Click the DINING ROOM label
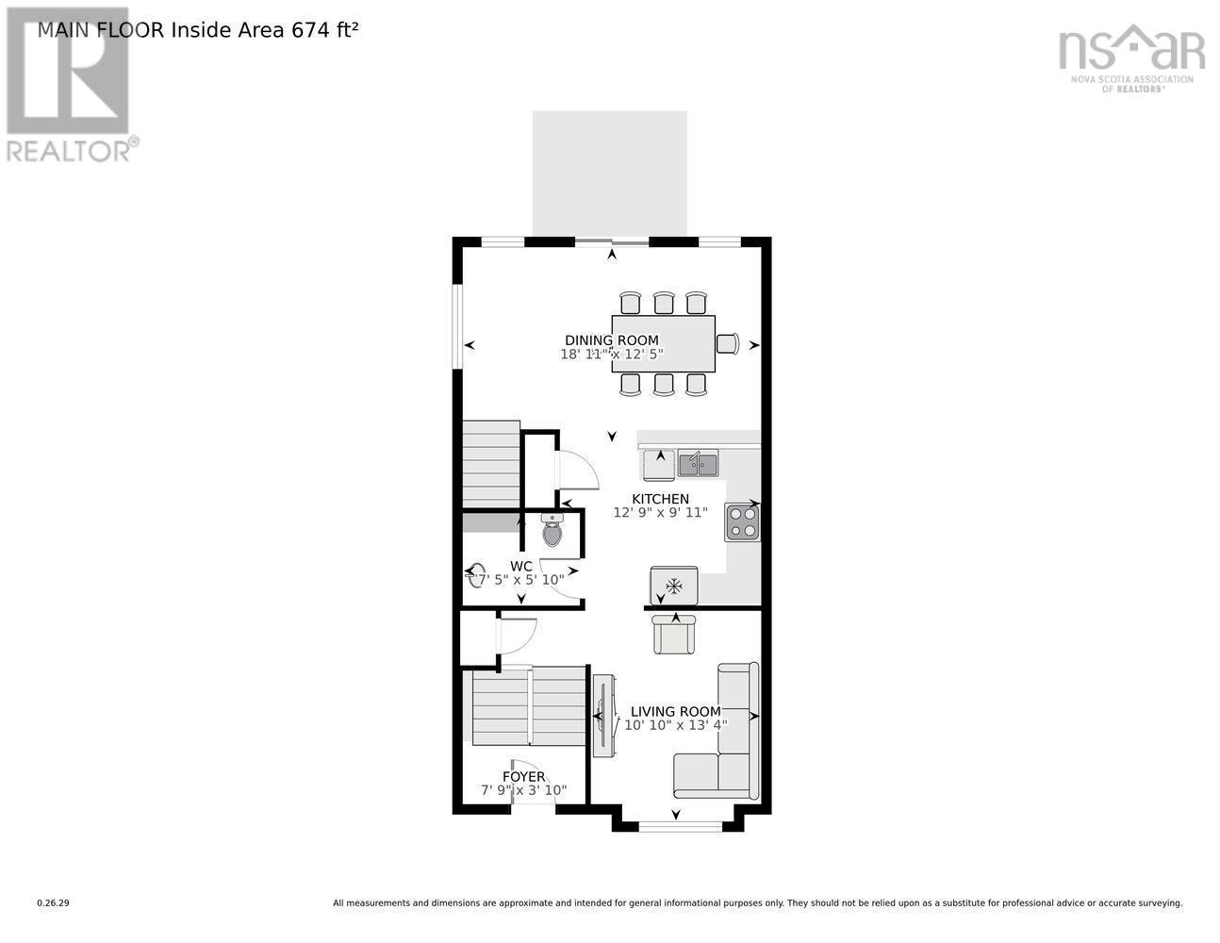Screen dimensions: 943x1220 [x=611, y=340]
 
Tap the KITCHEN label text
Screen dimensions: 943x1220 [x=660, y=499]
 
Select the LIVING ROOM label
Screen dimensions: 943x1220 [x=675, y=712]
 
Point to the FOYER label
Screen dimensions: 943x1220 [x=523, y=777]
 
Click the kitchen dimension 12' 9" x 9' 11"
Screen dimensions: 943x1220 [x=660, y=513]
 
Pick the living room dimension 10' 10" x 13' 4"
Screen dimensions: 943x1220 [x=675, y=725]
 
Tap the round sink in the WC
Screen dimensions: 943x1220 [x=477, y=575]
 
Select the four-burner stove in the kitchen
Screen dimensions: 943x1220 [x=742, y=522]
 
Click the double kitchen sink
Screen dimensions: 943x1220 [x=698, y=464]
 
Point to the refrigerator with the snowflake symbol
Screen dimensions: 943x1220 [x=674, y=587]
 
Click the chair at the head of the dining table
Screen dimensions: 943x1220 [x=727, y=343]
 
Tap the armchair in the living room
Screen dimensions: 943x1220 [x=674, y=634]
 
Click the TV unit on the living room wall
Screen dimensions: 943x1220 [x=603, y=716]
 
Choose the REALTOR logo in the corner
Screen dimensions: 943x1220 [x=68, y=85]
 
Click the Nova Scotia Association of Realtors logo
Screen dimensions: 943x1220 [x=1131, y=58]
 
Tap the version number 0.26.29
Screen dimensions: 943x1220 [x=54, y=903]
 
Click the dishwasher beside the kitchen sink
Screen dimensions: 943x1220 [x=658, y=465]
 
